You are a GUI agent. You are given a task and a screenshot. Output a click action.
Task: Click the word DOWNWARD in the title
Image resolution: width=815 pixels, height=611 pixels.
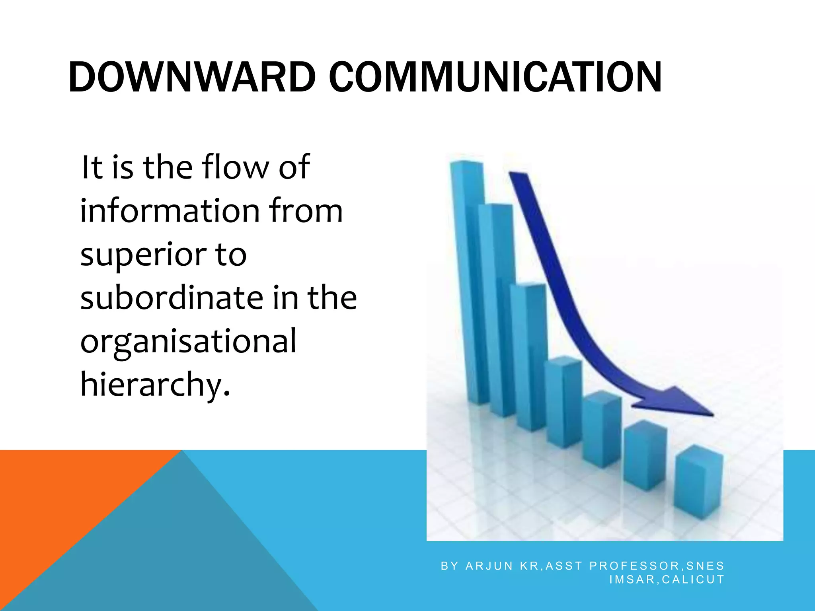pyautogui.click(x=192, y=77)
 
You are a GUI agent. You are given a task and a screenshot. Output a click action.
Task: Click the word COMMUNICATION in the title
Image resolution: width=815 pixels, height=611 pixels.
pyautogui.click(x=495, y=77)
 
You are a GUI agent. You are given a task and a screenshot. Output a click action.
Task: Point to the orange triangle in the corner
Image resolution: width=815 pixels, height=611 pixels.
pyautogui.click(x=60, y=497)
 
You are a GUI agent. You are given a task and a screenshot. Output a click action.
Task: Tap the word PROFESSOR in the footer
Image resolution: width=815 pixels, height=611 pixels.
pyautogui.click(x=635, y=566)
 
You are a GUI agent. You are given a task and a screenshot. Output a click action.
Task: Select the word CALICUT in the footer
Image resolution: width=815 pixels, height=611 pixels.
pyautogui.click(x=693, y=580)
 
